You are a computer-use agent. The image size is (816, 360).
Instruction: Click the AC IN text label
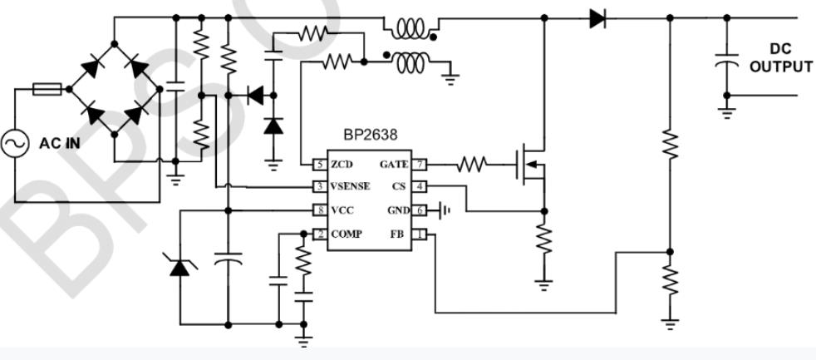(x=59, y=143)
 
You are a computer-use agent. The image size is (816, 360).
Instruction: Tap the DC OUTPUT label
(x=780, y=58)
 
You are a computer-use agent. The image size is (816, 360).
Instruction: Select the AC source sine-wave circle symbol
(x=16, y=144)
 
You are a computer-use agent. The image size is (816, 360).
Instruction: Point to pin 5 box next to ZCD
(x=318, y=164)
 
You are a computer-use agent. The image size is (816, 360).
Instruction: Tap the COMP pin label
(x=346, y=235)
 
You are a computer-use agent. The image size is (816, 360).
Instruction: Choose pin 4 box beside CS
(x=420, y=186)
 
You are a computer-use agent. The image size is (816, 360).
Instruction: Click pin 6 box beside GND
(x=420, y=210)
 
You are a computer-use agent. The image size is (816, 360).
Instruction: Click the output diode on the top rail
(x=597, y=17)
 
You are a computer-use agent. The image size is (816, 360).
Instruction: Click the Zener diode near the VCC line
(x=178, y=266)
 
